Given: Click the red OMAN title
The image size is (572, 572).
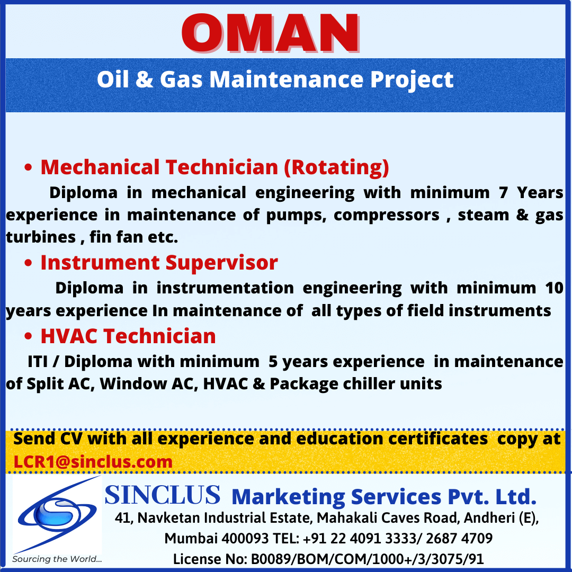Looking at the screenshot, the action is click(x=270, y=33).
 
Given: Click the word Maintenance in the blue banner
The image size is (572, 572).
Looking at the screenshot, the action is click(x=287, y=79).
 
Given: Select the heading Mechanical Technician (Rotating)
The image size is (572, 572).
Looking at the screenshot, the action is click(x=215, y=167).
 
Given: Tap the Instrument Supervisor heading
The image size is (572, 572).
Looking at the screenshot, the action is click(x=159, y=263).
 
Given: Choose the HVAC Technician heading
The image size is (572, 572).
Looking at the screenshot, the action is click(x=128, y=336).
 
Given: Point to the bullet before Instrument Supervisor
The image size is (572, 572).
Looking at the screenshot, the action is click(x=28, y=263).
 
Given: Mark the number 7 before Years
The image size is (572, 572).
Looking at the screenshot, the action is click(x=504, y=193).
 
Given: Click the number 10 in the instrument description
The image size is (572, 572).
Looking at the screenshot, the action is click(x=555, y=288).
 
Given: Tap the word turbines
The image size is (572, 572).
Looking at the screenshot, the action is click(x=41, y=237).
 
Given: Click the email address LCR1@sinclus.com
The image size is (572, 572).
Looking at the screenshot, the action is click(x=93, y=462).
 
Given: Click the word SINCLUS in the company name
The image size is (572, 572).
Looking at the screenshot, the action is click(x=163, y=495).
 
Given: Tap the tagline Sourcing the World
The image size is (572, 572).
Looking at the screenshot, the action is click(x=57, y=559).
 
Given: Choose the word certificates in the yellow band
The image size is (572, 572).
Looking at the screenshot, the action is click(x=438, y=439).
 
